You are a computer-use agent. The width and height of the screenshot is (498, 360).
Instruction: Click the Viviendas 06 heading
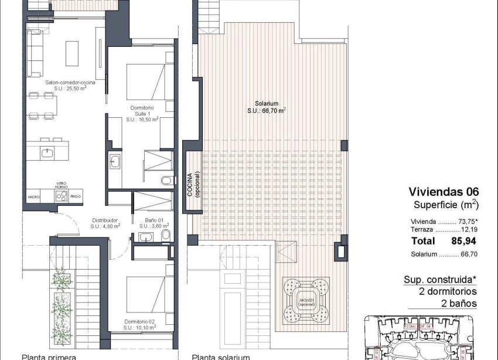[444, 192]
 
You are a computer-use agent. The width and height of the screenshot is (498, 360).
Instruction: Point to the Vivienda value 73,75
[466, 222]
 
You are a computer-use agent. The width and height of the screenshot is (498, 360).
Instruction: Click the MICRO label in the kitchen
[34, 198]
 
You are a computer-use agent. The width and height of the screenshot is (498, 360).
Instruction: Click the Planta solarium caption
[221, 356]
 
